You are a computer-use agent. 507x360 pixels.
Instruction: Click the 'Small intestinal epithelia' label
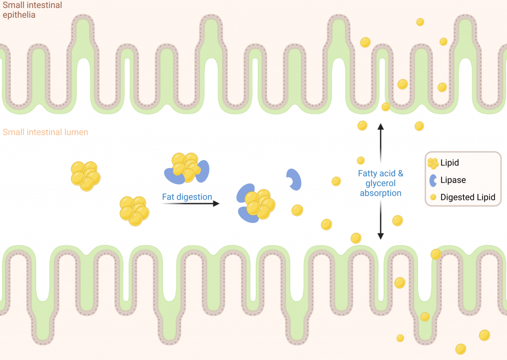(32, 10)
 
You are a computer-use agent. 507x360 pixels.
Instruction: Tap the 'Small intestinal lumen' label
(45, 132)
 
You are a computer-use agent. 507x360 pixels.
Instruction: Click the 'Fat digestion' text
(187, 197)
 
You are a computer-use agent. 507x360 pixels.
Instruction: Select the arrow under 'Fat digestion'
(191, 204)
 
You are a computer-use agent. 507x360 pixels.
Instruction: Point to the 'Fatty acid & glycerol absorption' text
(381, 183)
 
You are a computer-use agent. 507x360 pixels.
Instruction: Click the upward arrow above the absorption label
(381, 143)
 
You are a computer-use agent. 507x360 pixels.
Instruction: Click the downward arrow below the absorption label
(381, 220)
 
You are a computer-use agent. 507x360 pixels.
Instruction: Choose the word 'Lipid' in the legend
(450, 163)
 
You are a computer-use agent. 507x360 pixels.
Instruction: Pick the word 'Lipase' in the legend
(453, 180)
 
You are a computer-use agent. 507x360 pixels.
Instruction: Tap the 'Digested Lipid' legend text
(467, 197)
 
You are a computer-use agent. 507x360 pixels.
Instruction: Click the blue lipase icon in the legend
(433, 180)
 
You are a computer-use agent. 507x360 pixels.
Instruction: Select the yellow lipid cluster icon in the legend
(433, 163)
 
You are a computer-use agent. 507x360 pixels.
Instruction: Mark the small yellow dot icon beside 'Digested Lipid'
(433, 197)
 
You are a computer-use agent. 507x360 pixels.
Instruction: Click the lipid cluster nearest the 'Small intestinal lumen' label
(86, 176)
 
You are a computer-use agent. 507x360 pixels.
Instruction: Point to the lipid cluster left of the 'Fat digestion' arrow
(135, 211)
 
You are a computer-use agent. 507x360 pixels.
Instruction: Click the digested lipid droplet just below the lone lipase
(297, 210)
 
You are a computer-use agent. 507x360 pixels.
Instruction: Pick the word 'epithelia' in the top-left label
(19, 15)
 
